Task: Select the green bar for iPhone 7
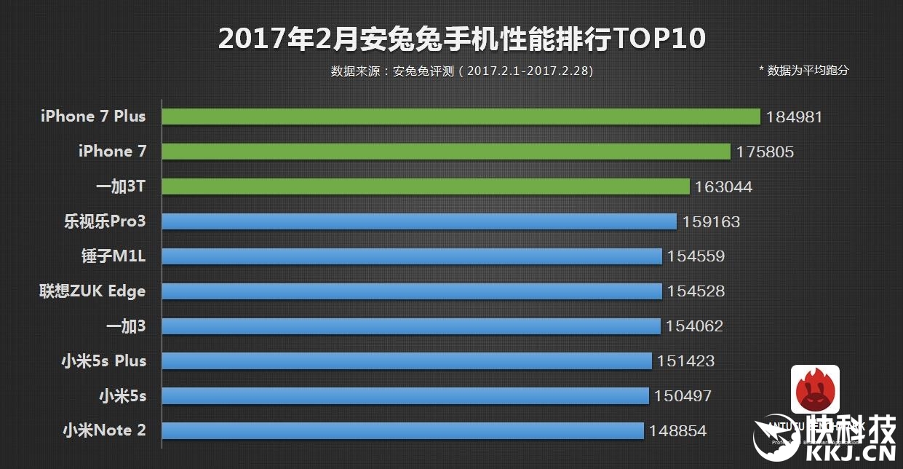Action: (445, 151)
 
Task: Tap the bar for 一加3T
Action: (425, 186)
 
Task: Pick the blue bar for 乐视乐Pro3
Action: (419, 221)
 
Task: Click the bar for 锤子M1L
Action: (412, 256)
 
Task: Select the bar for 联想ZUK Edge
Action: (412, 291)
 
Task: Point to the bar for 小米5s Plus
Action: (407, 361)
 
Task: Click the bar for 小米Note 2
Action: (402, 431)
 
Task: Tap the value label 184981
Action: (794, 117)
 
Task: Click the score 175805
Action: (765, 152)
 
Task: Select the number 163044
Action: (723, 187)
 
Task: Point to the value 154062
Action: (694, 326)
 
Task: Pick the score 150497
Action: (683, 396)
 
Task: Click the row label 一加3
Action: (126, 326)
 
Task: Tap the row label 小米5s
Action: (122, 396)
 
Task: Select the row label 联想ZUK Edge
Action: (92, 291)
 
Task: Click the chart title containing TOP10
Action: (462, 39)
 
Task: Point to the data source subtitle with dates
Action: (462, 71)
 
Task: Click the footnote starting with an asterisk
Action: (803, 71)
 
